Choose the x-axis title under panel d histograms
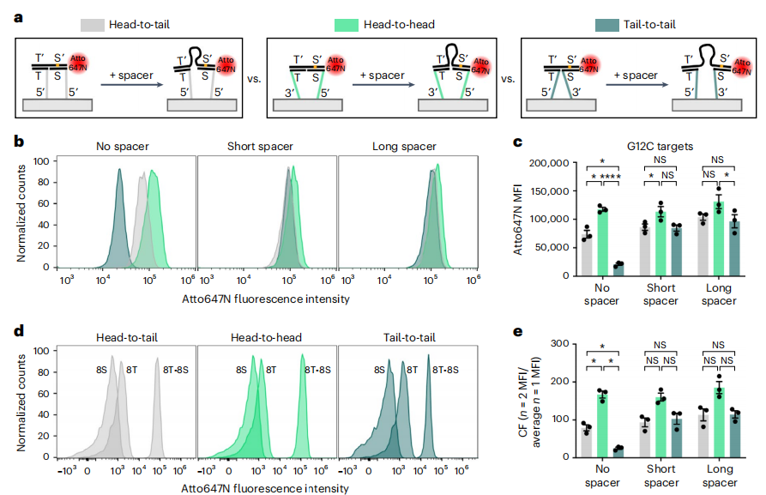click(x=265, y=488)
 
